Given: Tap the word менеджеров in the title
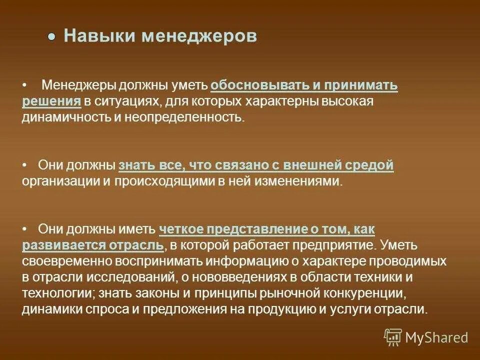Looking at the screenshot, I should pyautogui.click(x=199, y=36).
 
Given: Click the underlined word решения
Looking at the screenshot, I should pyautogui.click(x=51, y=101).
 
